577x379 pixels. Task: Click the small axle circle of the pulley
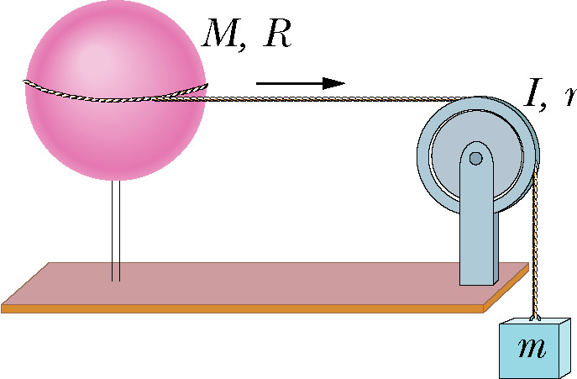click(x=476, y=158)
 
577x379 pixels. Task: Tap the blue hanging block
click(x=531, y=348)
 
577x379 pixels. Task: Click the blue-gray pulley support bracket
click(x=479, y=227)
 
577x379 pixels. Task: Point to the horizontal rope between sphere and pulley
click(x=336, y=99)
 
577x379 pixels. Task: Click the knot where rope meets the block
click(x=535, y=318)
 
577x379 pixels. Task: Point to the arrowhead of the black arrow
click(x=336, y=82)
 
